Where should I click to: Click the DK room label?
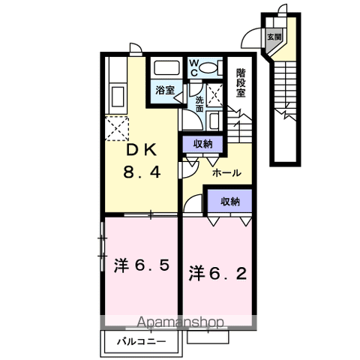[x=142, y=151]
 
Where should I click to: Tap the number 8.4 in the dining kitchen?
[x=142, y=172]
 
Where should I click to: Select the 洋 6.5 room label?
[x=142, y=265]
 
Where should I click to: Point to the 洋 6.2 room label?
[x=217, y=273]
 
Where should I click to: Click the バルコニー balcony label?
[x=141, y=341]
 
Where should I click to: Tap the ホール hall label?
[x=226, y=172]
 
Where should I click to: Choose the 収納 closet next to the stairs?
[x=202, y=144]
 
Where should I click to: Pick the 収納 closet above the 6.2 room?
[x=230, y=202]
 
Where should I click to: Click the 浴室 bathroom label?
[x=165, y=90]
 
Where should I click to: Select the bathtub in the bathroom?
[x=167, y=67]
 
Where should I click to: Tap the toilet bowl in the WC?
[x=209, y=68]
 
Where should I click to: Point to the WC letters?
[x=193, y=68]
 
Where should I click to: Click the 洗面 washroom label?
[x=199, y=104]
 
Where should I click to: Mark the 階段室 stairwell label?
[x=241, y=83]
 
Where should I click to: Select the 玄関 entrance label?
[x=274, y=37]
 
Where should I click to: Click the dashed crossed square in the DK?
[x=117, y=128]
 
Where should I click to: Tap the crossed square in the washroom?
[x=214, y=95]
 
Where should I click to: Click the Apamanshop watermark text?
[x=180, y=322]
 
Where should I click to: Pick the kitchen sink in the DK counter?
[x=118, y=97]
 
